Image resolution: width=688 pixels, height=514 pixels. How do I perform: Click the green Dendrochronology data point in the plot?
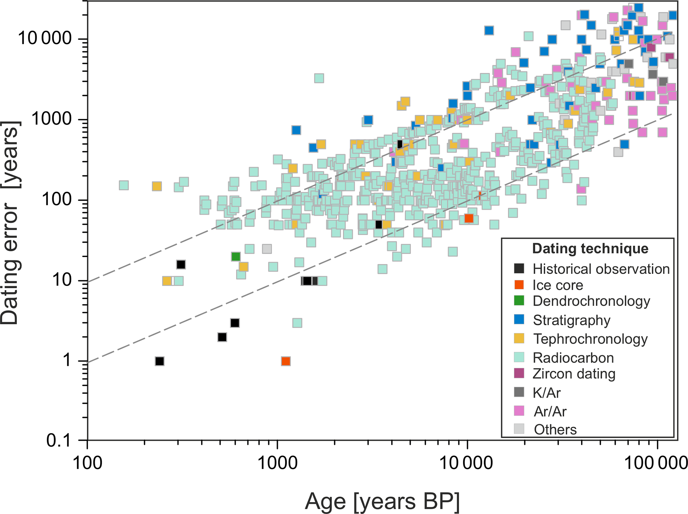point(236,257)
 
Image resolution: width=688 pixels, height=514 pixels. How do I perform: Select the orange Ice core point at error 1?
point(286,361)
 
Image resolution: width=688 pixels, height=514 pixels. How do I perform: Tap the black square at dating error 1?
point(159,361)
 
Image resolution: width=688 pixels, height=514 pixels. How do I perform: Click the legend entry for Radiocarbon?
point(573,358)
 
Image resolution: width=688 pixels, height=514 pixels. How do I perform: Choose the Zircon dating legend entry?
point(573,374)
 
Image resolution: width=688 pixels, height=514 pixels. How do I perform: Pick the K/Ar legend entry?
point(547,393)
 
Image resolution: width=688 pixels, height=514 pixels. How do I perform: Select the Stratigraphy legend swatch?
point(519,320)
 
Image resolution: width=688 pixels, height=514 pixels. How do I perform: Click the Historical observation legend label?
point(601,269)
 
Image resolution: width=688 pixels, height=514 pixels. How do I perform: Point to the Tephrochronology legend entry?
point(590,339)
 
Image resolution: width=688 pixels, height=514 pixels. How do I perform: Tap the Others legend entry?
point(555,429)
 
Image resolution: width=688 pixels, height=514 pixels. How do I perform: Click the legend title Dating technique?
point(590,249)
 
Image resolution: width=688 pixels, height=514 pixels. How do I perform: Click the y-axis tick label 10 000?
point(45,39)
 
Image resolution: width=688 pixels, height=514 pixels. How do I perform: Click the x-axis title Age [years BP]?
point(382,501)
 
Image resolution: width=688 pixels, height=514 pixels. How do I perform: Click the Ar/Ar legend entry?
point(550,411)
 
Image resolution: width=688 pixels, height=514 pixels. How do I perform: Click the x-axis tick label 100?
point(87,463)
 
